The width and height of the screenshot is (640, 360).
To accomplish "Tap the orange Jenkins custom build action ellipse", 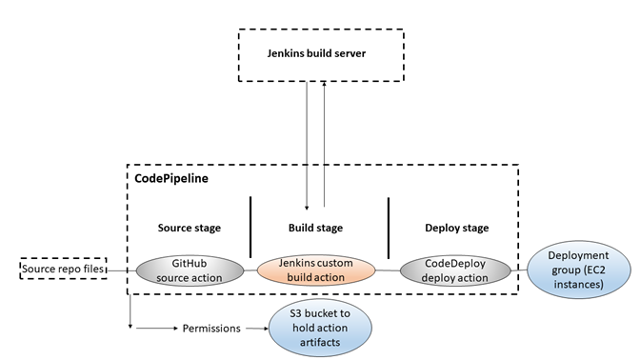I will coord(315,270).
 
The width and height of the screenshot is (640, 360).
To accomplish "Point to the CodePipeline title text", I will coord(168,177).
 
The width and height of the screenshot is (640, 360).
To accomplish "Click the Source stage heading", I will coord(189,229).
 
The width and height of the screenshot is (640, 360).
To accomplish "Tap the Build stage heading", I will coord(315,229).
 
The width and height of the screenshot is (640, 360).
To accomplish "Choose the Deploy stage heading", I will coord(456,229).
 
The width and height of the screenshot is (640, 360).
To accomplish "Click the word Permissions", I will coord(214,330).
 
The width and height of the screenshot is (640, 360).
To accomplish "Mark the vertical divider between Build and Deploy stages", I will coord(390,226).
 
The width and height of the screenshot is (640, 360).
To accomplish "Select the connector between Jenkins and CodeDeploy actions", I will coord(385,270).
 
